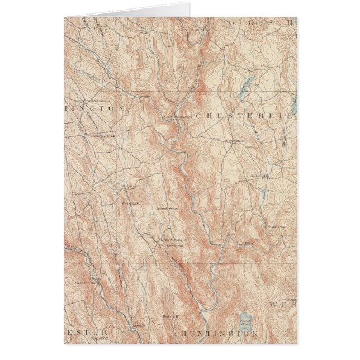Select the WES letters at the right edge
tap(282, 305)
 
